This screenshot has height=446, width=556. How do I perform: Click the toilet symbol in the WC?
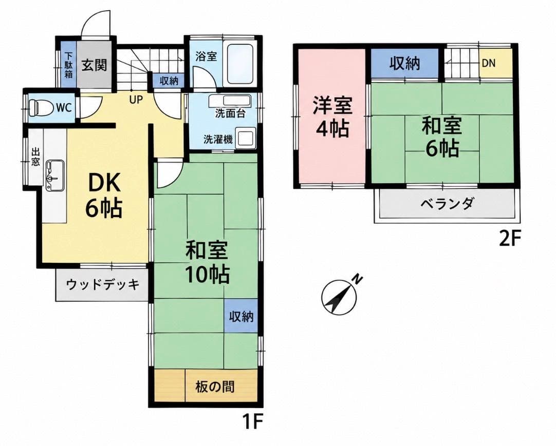tap(34, 107)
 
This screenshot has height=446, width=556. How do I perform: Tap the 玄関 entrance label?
tap(94, 65)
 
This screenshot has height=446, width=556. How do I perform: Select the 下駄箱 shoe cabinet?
tap(68, 65)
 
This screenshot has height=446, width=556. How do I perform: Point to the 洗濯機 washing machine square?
tap(244, 139)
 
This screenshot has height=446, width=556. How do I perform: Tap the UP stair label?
tap(136, 100)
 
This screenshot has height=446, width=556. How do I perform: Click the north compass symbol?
tap(339, 297)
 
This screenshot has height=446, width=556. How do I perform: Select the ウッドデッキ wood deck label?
tap(102, 284)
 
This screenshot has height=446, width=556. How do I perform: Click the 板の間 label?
tap(214, 386)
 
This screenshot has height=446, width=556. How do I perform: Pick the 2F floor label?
tap(510, 239)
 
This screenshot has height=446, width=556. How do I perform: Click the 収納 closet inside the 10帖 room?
tap(241, 316)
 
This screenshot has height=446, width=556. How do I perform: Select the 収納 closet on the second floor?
tap(404, 63)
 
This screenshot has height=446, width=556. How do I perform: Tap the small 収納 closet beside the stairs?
tap(169, 81)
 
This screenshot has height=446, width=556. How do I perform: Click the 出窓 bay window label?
tap(35, 157)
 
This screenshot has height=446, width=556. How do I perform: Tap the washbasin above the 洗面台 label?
tap(230, 101)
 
